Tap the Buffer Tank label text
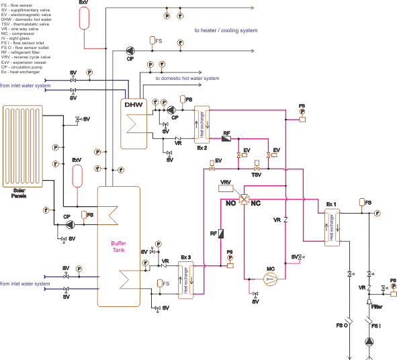click(118, 249)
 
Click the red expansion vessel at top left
click(84, 17)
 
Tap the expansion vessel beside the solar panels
click(77, 176)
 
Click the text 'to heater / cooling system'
click(226, 30)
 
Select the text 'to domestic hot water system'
click(187, 79)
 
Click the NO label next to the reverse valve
click(231, 202)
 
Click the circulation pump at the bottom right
click(369, 343)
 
